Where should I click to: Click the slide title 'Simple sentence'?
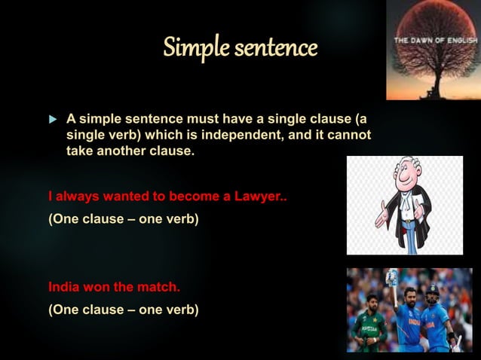(240, 49)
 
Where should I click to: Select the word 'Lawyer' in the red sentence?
(258, 198)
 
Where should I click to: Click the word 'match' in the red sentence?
(158, 287)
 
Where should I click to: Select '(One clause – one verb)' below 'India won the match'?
(124, 309)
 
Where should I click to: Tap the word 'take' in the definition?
(80, 151)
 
